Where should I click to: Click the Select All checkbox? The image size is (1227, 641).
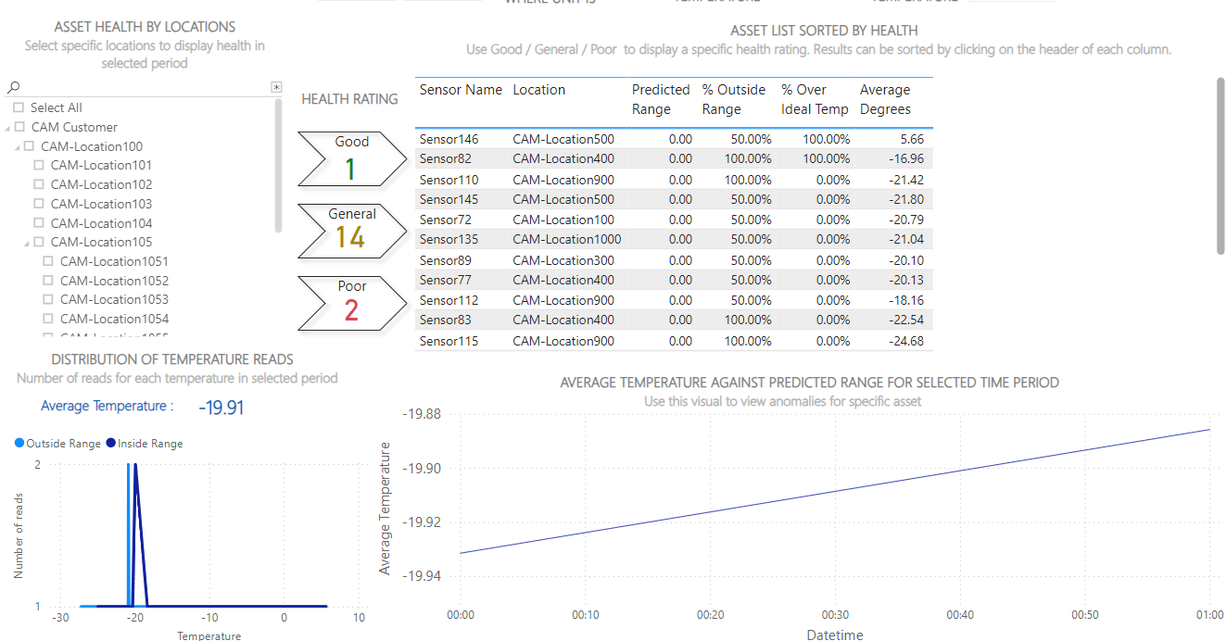pos(19,107)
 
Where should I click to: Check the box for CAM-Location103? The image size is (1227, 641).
pos(39,204)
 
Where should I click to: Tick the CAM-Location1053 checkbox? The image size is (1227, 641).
pos(48,299)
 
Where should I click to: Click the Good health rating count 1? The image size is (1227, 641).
pos(350,169)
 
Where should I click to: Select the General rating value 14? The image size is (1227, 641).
pos(350,238)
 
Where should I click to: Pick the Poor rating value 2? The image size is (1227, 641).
pos(351,310)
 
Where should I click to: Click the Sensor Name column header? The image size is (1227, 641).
pos(461,90)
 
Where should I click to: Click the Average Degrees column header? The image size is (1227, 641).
pos(885,99)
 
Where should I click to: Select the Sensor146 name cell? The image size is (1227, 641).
pos(449,139)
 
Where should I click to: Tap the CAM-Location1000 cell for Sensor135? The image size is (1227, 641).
pos(566,239)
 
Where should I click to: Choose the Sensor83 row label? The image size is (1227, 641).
pos(445,320)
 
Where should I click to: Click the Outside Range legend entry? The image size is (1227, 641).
pos(57,444)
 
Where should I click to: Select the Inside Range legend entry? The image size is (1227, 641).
pos(145,444)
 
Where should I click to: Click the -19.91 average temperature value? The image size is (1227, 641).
pos(221,407)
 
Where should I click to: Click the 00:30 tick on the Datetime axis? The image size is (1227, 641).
pos(835,615)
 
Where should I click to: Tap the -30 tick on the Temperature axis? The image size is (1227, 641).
pos(60,618)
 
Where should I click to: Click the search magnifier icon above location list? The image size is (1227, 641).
pos(13,87)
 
